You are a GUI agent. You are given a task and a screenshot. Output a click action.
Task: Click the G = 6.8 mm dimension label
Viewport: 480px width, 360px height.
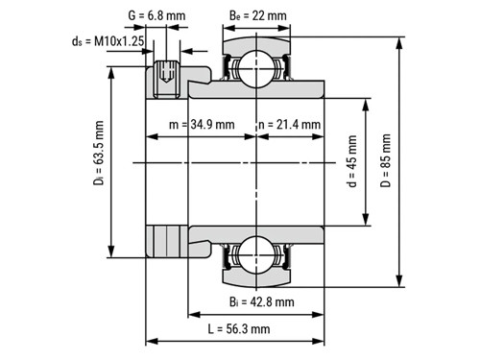pyautogui.click(x=156, y=15)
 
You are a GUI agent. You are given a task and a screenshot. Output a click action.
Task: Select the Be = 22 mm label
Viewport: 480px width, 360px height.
pyautogui.click(x=258, y=15)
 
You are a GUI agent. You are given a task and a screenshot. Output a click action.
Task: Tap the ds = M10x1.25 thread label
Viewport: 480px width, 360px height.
pyautogui.click(x=108, y=41)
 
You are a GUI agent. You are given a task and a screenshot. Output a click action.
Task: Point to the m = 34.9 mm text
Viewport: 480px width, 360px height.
pyautogui.click(x=202, y=124)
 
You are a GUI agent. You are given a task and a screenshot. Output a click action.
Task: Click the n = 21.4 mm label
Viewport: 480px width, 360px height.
pyautogui.click(x=290, y=124)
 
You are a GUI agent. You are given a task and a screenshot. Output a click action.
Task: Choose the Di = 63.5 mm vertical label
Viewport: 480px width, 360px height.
pyautogui.click(x=99, y=153)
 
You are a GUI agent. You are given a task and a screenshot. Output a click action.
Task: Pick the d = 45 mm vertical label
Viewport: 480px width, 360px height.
pyautogui.click(x=351, y=161)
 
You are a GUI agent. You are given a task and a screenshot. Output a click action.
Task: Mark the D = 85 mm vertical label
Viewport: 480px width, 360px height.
pyautogui.click(x=386, y=160)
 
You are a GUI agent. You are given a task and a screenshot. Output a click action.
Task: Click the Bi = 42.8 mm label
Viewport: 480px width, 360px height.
pyautogui.click(x=262, y=301)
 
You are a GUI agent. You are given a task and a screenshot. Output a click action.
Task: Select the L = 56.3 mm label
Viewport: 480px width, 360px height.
pyautogui.click(x=239, y=328)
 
